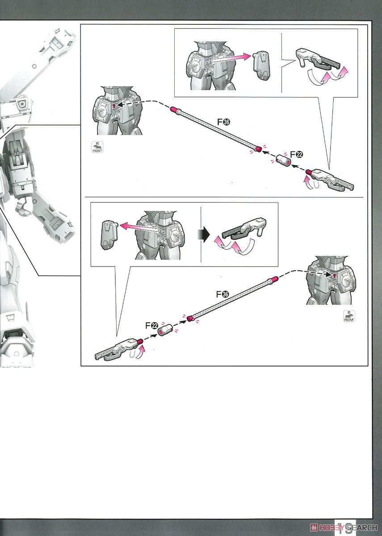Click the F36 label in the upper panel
coord(223,122)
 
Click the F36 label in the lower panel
coord(222,294)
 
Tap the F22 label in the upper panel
coord(296,154)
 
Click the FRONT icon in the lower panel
coord(348,316)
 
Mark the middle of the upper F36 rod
coord(214,129)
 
